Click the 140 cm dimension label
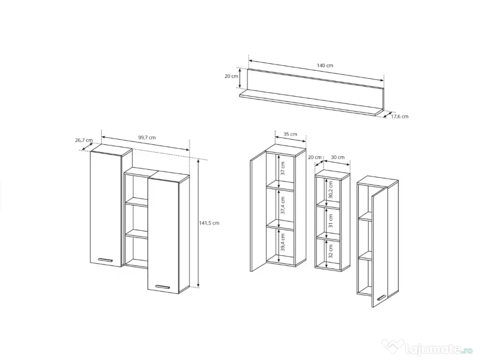pos(325,66)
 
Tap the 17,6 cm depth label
pos(399,116)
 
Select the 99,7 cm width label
pos(147,137)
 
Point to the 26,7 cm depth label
pos(84,140)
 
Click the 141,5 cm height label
pos(209,223)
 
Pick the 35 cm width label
pos(290,134)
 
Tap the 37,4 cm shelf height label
pos(283,205)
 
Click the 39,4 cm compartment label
pos(283,242)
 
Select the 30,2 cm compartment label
pos(330,190)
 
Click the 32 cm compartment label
pos(330,251)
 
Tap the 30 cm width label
pos(337,157)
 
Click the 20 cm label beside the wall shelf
pos(231,76)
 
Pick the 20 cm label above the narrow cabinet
pos(315,157)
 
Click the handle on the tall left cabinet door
pos(105,260)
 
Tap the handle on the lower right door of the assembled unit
pos(162,287)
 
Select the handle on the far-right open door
pos(381,298)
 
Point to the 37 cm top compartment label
pos(283,168)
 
